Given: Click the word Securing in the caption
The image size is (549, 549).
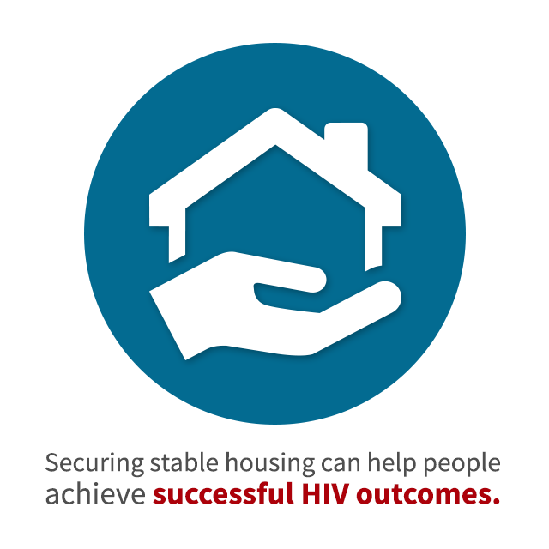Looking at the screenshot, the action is coord(94,464).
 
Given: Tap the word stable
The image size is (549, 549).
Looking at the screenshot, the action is coord(184,462).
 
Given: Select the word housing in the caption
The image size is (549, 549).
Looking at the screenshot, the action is coord(270,464).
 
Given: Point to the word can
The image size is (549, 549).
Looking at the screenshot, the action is coord(341,465).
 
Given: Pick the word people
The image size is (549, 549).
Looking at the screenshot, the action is coord(462,464).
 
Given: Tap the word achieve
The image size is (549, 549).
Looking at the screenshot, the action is coord(95,493).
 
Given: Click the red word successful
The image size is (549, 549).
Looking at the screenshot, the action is coord(223,493).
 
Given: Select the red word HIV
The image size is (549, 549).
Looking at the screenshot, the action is coord(326,494).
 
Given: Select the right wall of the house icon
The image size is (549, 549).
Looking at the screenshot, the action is coord(374,238).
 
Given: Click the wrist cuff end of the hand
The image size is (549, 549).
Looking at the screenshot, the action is coord(167,325).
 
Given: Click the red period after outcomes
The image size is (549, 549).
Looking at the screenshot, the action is coord(494,500).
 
